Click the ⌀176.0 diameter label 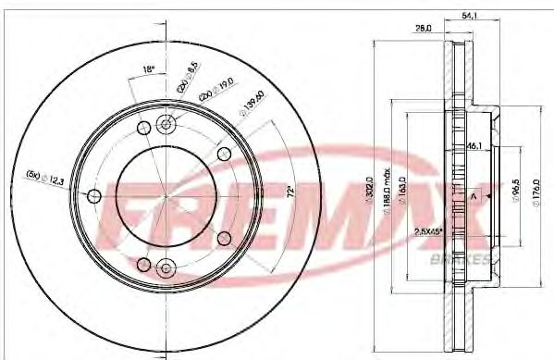[x=539, y=194]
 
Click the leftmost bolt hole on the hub [x=92, y=195]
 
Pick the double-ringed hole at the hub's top [x=166, y=123]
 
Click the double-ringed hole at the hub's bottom [x=166, y=267]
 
